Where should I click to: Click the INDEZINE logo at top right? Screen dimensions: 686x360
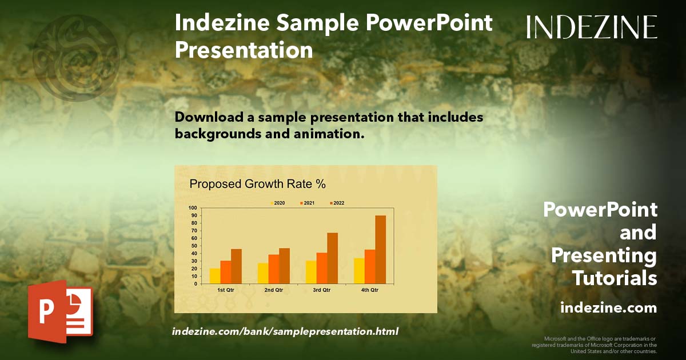coord(592,27)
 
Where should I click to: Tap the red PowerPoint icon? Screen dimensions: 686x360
coord(61,311)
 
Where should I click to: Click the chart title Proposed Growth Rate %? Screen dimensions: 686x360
coord(258,184)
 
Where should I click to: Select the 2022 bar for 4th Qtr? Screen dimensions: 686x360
coord(380,250)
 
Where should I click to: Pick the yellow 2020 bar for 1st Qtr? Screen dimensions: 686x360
coord(215,276)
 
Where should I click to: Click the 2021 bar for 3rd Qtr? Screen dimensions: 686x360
coord(322,268)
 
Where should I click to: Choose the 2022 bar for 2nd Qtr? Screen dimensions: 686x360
coord(284,266)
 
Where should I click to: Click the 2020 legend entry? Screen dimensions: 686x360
coord(277,203)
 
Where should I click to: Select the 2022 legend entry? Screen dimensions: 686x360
coord(337,203)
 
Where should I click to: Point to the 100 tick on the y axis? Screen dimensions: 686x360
coord(193,208)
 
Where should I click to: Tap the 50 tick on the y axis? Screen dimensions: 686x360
coord(194,246)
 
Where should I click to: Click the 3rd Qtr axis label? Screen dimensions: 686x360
coord(321,290)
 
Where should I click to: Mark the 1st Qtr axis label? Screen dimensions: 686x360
coord(226,290)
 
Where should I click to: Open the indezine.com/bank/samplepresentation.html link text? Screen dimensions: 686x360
coord(285,331)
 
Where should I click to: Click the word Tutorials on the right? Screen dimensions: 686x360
coord(615,278)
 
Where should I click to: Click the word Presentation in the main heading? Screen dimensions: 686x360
coord(244,50)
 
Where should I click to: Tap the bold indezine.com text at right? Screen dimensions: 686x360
coord(609,307)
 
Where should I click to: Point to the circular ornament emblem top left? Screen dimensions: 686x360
coord(76,58)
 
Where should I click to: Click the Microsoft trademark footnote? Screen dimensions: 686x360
coord(595,345)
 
